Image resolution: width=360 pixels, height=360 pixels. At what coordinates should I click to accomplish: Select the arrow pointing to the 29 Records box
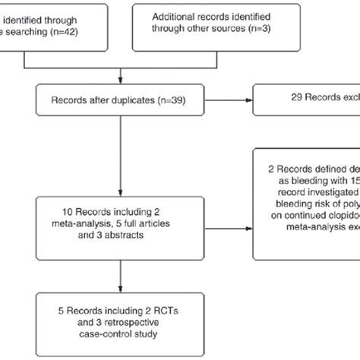point(247,99)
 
